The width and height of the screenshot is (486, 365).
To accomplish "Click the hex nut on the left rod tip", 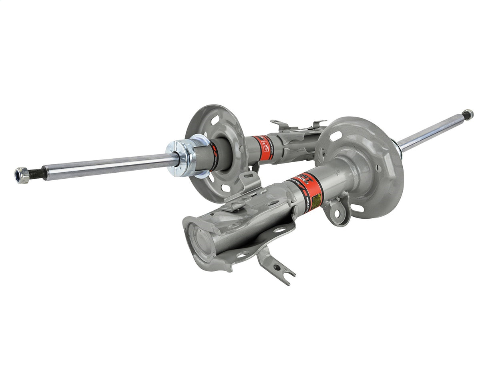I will (22, 175).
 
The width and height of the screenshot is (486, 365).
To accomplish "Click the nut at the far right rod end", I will (467, 115).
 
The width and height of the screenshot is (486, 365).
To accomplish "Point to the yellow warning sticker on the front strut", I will (316, 201).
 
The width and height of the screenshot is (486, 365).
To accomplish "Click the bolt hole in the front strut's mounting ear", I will (337, 212).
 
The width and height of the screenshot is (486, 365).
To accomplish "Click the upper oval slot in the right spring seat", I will (336, 136).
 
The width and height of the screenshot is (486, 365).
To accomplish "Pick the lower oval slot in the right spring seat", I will (358, 208).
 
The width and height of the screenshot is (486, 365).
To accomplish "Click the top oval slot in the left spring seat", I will (216, 119).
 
